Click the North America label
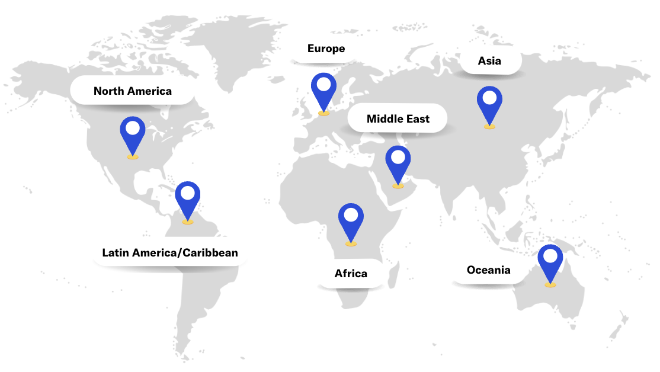(133, 91)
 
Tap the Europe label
(326, 49)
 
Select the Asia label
(489, 61)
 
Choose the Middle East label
(398, 119)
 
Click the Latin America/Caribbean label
(170, 253)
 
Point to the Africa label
(351, 274)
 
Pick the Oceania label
(488, 270)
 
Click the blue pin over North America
(133, 133)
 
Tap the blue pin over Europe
(323, 89)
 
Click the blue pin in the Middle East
(398, 162)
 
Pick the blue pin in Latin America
(188, 198)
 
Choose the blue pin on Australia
(550, 261)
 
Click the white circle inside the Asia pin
(489, 97)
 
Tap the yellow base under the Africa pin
(351, 243)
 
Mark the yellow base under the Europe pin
(323, 113)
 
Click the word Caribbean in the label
(210, 253)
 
